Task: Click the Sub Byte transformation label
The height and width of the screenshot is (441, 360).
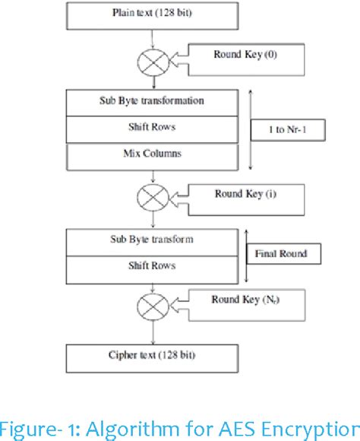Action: click(x=153, y=100)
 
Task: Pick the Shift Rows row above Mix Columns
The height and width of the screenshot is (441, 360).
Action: click(x=153, y=127)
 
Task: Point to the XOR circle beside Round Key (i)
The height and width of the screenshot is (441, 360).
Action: click(x=153, y=198)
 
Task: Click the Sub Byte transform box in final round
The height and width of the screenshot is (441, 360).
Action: click(x=153, y=240)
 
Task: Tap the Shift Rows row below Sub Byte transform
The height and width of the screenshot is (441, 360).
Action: click(x=153, y=266)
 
